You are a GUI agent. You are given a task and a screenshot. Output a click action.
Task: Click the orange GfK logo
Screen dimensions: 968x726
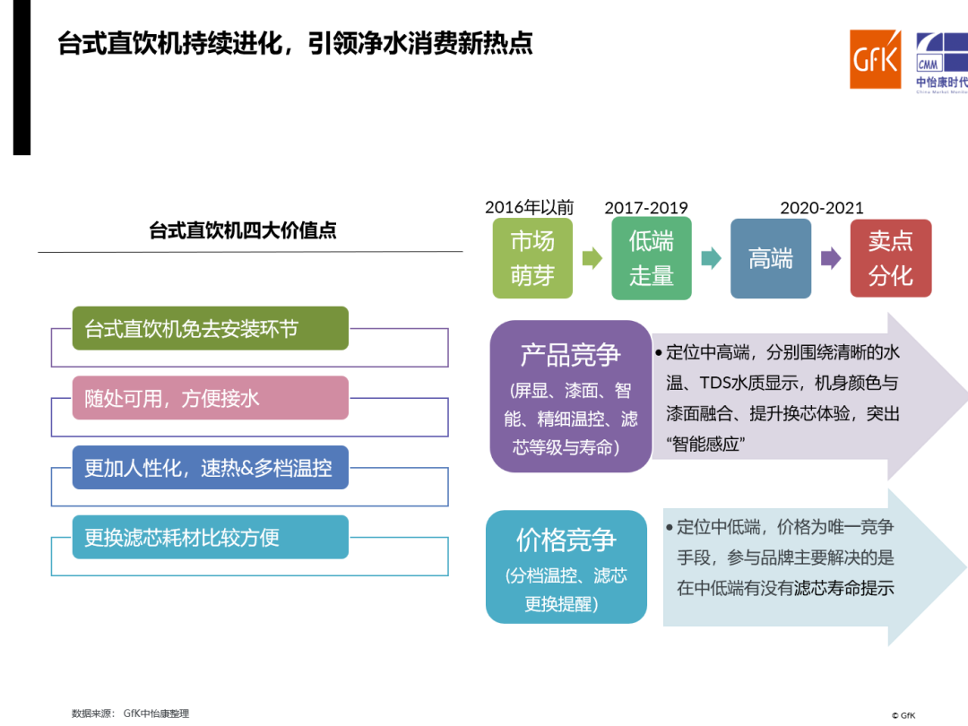(x=875, y=59)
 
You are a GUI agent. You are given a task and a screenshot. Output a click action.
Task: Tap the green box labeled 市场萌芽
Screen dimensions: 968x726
(x=532, y=259)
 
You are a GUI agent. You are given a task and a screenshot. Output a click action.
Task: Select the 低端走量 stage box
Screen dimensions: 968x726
(x=652, y=259)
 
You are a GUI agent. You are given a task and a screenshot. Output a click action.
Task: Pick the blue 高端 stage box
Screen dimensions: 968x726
(x=771, y=259)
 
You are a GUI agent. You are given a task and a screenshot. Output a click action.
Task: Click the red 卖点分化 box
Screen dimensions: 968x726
(x=890, y=258)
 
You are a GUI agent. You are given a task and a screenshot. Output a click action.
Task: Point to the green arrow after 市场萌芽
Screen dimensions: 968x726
(x=592, y=258)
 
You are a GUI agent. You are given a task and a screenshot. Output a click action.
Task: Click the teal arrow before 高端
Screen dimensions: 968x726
(x=711, y=258)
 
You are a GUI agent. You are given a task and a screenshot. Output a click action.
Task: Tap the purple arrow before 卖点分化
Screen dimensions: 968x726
(x=831, y=258)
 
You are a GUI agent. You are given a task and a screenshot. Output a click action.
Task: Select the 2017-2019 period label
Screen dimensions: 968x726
(x=645, y=207)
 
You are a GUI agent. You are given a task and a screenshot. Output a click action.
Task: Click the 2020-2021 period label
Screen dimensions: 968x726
(x=822, y=207)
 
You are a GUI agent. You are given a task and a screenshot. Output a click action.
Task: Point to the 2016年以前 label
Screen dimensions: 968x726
(x=529, y=207)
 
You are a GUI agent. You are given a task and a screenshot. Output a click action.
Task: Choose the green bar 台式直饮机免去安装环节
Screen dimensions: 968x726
(x=211, y=328)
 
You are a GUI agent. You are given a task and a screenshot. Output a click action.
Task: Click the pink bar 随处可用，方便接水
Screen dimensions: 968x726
(x=211, y=398)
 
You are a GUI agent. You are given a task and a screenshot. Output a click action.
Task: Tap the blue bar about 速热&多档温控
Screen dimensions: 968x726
(x=211, y=468)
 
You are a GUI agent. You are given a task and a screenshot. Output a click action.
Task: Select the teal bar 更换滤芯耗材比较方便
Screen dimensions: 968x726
(x=211, y=537)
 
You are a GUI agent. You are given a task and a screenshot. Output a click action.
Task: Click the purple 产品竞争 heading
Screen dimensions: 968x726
(x=570, y=355)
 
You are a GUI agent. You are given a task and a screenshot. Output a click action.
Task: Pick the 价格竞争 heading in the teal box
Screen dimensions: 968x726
(x=566, y=540)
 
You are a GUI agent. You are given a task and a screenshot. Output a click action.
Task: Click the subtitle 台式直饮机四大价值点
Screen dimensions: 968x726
(x=243, y=230)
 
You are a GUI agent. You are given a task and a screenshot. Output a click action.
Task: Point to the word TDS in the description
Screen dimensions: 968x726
(x=715, y=383)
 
